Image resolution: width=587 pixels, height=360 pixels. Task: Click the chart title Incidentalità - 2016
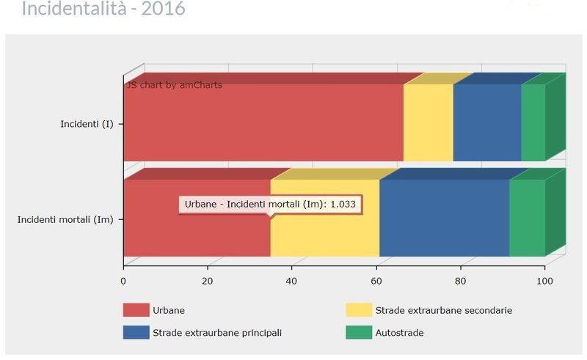click(103, 10)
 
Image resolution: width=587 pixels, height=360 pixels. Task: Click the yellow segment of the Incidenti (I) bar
click(428, 122)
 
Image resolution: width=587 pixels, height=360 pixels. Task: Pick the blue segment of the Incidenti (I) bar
click(486, 122)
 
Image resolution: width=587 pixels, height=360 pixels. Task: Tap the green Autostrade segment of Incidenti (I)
click(533, 122)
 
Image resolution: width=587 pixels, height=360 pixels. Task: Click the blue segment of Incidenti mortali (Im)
click(444, 218)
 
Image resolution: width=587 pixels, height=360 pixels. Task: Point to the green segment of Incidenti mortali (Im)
click(527, 218)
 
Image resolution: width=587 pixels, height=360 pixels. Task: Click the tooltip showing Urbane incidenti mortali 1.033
click(270, 204)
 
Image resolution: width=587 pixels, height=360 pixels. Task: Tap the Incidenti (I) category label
click(87, 123)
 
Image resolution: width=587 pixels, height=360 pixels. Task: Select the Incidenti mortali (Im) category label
click(65, 218)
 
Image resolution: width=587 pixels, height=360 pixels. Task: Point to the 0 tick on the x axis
click(123, 279)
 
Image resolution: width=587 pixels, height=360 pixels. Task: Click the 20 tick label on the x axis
click(208, 279)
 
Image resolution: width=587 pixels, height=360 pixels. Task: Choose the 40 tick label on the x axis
click(292, 279)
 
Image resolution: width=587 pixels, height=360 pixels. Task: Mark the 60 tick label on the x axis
click(376, 279)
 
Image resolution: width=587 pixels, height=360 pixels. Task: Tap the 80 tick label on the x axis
click(461, 279)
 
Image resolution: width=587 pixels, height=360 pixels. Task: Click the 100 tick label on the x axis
click(544, 279)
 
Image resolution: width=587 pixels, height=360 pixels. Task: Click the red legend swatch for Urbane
click(136, 310)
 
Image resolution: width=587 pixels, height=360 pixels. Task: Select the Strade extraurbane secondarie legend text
click(443, 310)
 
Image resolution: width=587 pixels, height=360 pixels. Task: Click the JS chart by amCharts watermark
click(174, 85)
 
